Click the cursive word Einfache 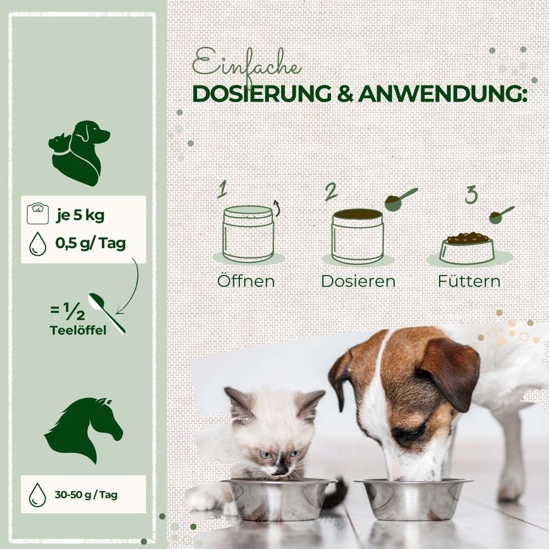click(x=247, y=65)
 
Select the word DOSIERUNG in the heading click(x=262, y=93)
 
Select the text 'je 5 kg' click(x=80, y=215)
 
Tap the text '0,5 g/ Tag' click(x=90, y=243)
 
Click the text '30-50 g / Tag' click(x=85, y=495)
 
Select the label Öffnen click(x=246, y=281)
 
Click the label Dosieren click(x=358, y=281)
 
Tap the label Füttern click(x=469, y=281)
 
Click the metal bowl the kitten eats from click(x=279, y=496)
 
